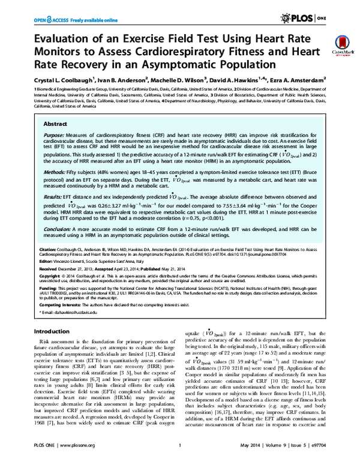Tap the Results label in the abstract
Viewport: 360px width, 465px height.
coord(53,196)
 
